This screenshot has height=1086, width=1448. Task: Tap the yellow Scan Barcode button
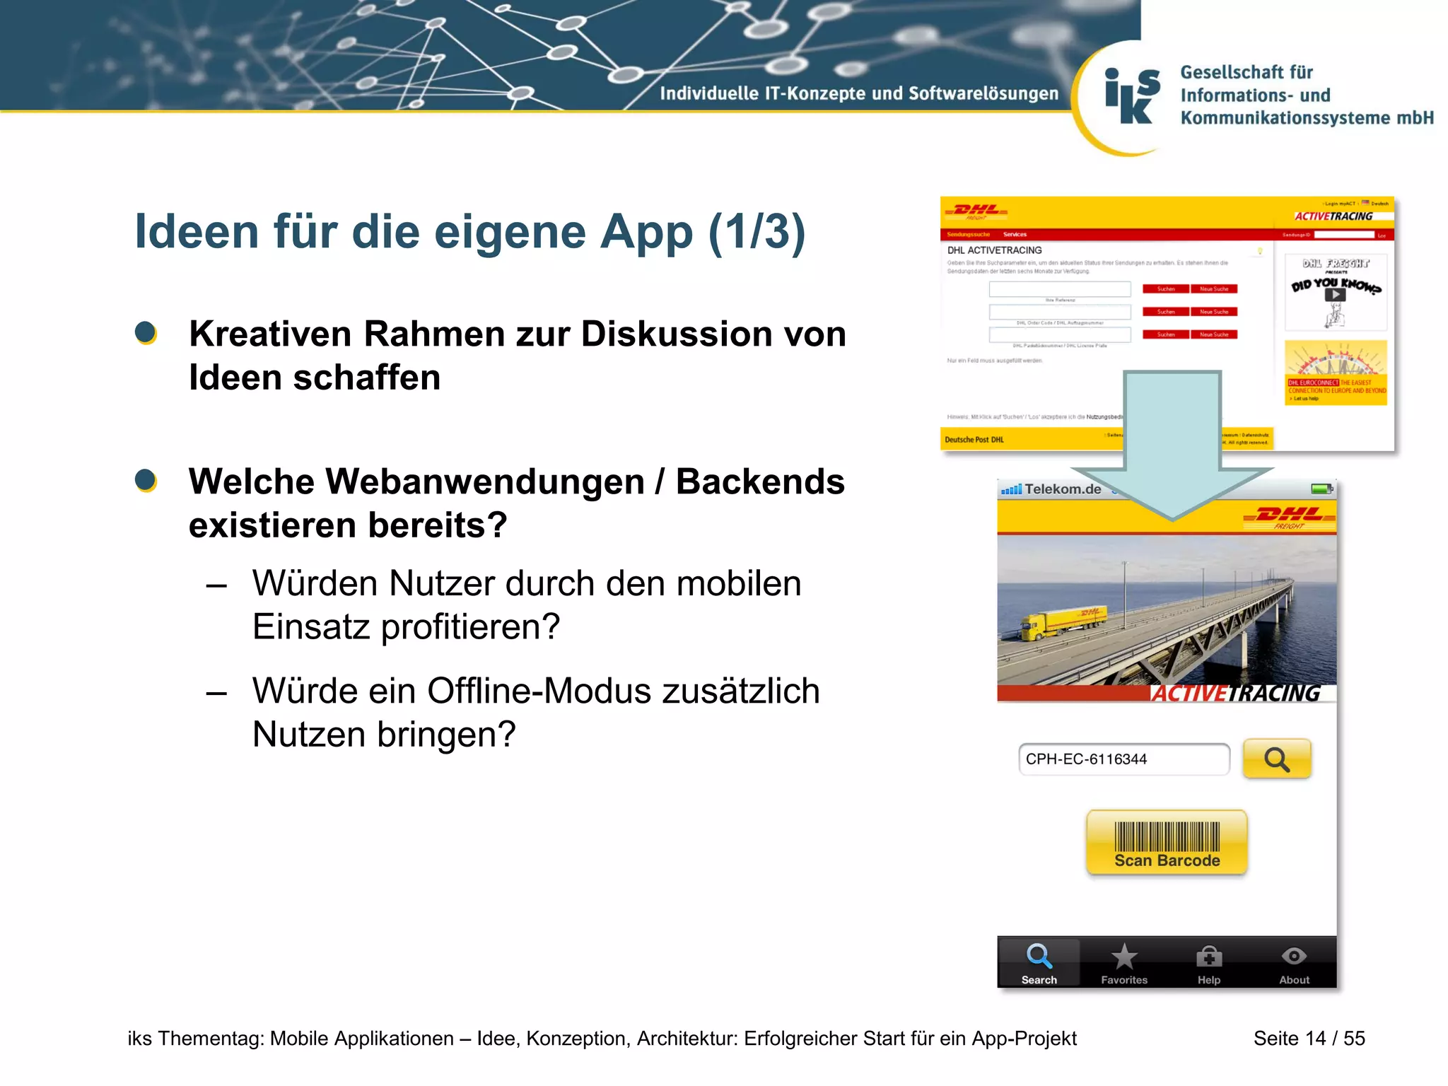point(1167,842)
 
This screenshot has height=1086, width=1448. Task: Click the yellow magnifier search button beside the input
point(1277,759)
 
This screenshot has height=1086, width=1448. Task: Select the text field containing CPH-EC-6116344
point(1123,759)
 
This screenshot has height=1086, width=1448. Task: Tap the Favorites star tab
point(1124,964)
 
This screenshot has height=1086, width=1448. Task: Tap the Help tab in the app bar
point(1209,964)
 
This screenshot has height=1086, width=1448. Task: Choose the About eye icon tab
point(1294,964)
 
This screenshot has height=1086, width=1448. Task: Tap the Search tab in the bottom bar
point(1039,964)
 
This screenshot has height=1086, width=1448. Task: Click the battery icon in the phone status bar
point(1321,489)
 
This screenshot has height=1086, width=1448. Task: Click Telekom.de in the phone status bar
point(1063,489)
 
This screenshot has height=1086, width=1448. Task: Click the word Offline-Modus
point(539,691)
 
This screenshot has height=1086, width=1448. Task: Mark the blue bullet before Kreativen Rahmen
point(146,333)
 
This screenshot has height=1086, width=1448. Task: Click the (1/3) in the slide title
point(757,231)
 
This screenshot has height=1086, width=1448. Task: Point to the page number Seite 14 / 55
point(1309,1038)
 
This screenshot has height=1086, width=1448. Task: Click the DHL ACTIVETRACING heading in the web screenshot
point(994,250)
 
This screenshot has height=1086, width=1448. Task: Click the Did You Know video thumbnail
point(1335,293)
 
